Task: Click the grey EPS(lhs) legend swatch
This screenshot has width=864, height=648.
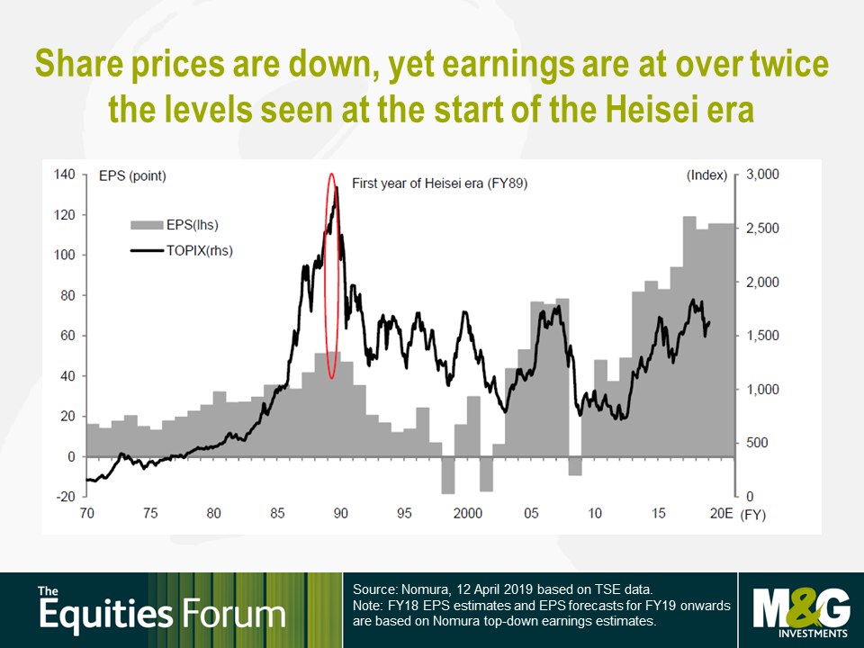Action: pos(147,225)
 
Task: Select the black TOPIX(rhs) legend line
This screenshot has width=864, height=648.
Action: pos(147,251)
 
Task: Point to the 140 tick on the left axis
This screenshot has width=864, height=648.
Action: pos(65,175)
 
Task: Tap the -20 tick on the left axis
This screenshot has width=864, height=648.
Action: pos(65,496)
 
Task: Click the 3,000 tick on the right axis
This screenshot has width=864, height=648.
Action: pos(762,175)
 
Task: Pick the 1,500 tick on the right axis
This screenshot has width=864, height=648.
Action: pos(762,336)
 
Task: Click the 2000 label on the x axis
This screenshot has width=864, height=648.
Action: pos(468,514)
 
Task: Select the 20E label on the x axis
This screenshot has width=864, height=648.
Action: pos(721,514)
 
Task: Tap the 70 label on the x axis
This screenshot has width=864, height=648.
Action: pos(87,514)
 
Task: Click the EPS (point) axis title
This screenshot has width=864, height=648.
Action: pos(132,176)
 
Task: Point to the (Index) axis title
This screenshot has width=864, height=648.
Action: pos(707,175)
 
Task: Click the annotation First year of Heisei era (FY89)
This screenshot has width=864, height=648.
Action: pos(440,184)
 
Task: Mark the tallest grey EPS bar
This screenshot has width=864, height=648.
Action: pos(689,337)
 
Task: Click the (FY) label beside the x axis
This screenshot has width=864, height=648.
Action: pos(752,515)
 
